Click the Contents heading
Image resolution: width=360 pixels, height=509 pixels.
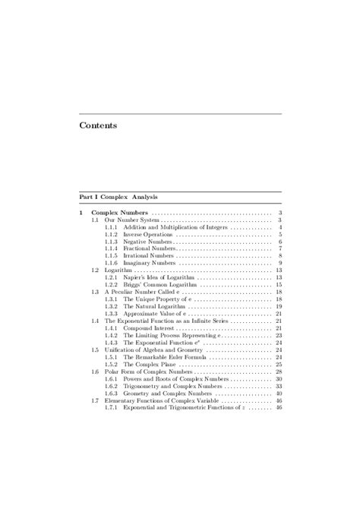pyautogui.click(x=98, y=125)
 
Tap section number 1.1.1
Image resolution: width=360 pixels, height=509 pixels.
pyautogui.click(x=110, y=227)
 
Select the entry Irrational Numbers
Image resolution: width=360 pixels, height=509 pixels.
pyautogui.click(x=148, y=256)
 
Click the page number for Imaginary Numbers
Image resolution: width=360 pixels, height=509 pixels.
pyautogui.click(x=280, y=263)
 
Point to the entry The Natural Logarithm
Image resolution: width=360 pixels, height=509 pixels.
pyautogui.click(x=156, y=305)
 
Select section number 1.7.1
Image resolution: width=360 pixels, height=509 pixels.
pyautogui.click(x=110, y=407)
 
